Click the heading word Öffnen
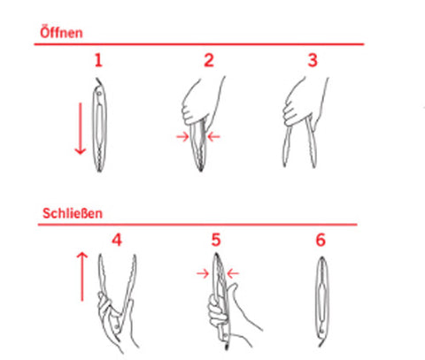[61, 33]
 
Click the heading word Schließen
[73, 213]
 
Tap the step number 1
[98, 60]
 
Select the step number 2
[209, 60]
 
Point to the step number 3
[313, 60]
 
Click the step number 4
[117, 240]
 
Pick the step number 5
[216, 240]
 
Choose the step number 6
[321, 240]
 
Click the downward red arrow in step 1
[81, 128]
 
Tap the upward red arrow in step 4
[82, 277]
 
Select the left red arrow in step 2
[182, 136]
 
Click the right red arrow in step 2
[214, 136]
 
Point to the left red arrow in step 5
[203, 274]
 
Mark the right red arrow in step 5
[233, 274]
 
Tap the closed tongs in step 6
[321, 301]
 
